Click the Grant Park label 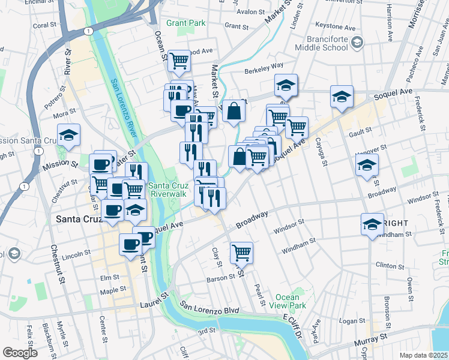(x=185, y=23)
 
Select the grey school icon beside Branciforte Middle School (x=358, y=41)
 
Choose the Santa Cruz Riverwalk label (x=169, y=189)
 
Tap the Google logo (x=20, y=353)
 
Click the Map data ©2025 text (x=423, y=355)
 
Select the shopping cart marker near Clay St (x=241, y=252)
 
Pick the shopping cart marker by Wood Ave (x=179, y=60)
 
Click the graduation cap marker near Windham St (x=372, y=224)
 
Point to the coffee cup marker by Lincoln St (x=130, y=244)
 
